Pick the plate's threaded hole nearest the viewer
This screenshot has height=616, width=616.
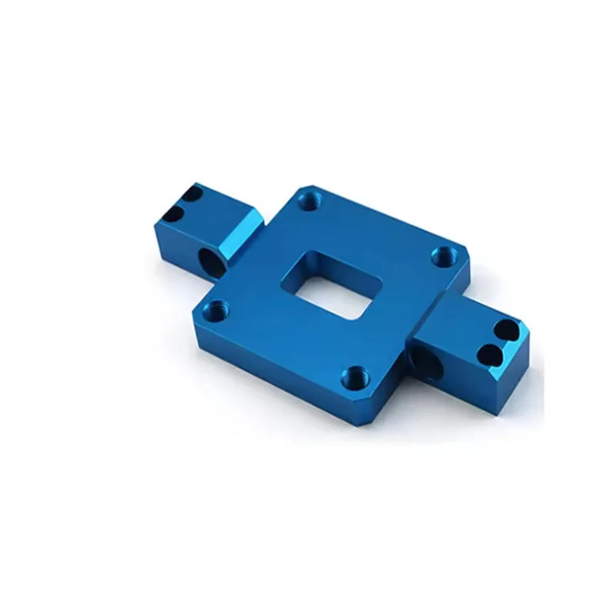click(353, 377)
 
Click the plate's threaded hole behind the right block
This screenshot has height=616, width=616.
click(444, 256)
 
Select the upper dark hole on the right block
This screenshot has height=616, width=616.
click(505, 331)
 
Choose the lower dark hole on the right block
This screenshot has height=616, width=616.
click(490, 355)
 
